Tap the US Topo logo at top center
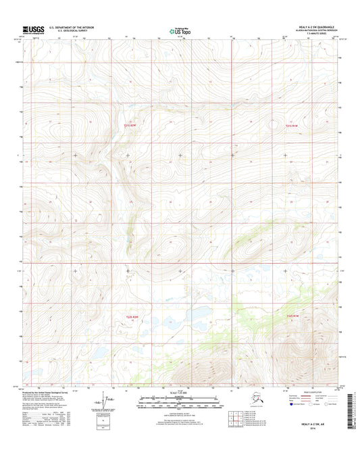[179, 30]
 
